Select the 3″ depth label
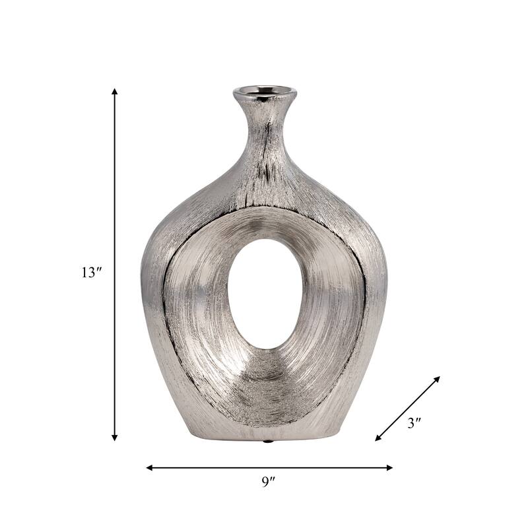(414, 424)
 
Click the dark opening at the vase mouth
(264, 90)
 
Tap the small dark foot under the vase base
(267, 440)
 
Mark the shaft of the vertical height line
(114, 198)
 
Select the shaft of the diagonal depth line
(407, 409)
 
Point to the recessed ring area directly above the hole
(264, 223)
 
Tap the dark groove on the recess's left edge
(164, 297)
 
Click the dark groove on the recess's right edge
(364, 297)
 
